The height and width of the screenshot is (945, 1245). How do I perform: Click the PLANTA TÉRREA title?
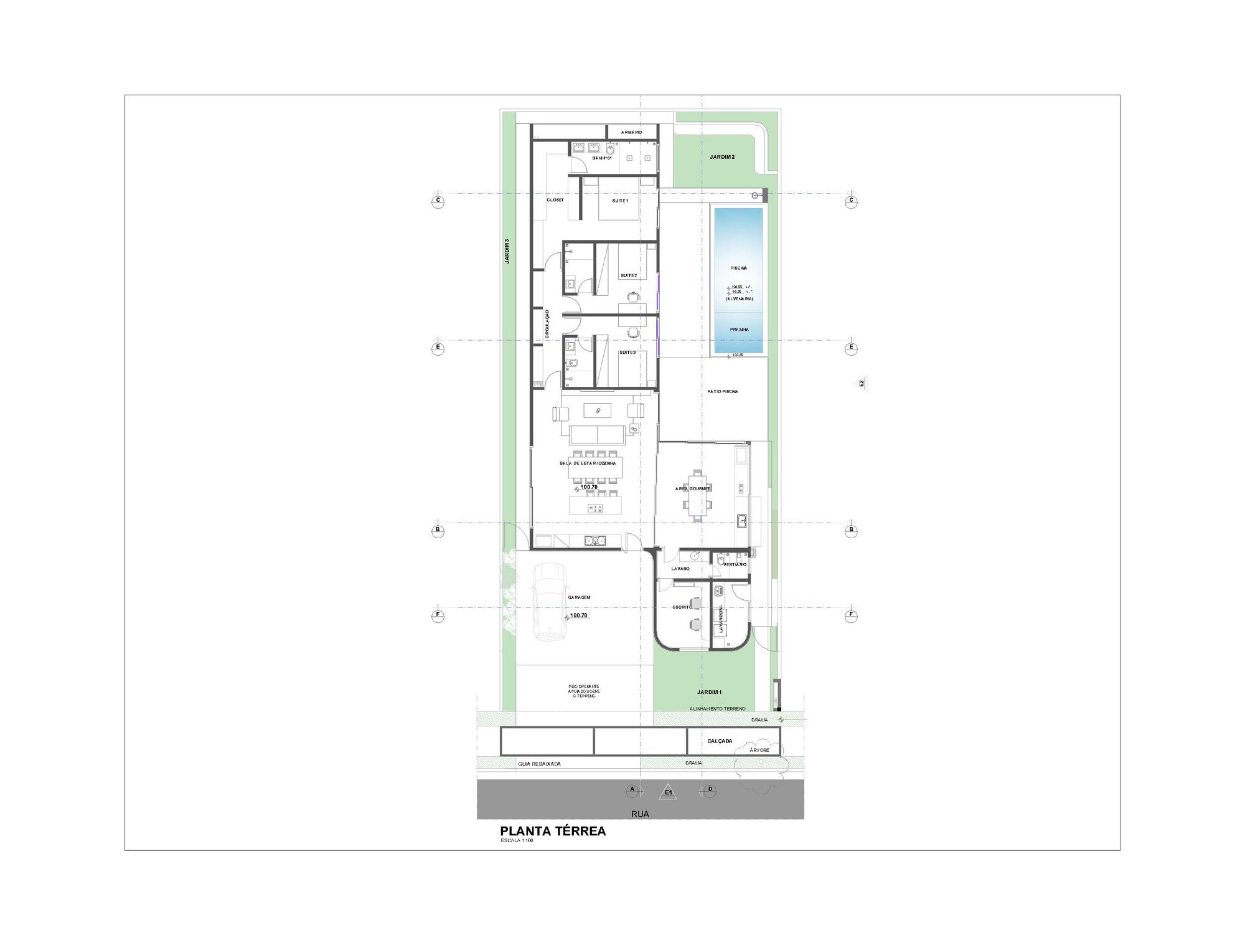click(553, 831)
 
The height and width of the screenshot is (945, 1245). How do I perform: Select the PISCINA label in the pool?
click(738, 268)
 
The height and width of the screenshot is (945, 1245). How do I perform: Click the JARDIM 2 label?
click(722, 157)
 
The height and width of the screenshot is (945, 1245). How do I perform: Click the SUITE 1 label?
click(620, 201)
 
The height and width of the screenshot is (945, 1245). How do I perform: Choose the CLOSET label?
click(555, 200)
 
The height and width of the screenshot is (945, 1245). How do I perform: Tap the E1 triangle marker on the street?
click(668, 792)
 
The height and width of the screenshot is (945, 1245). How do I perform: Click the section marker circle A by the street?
click(632, 790)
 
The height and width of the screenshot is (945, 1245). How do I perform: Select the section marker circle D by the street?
click(710, 790)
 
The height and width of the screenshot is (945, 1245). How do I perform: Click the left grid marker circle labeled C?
click(438, 201)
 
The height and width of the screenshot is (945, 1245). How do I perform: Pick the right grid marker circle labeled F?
click(851, 615)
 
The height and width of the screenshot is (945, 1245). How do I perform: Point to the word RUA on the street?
click(640, 814)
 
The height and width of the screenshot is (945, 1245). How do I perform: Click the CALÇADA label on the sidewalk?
click(720, 741)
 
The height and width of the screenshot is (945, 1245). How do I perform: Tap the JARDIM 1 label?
click(709, 692)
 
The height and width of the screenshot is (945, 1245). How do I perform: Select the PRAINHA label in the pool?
click(739, 330)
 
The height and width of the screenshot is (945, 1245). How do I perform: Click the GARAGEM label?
click(579, 597)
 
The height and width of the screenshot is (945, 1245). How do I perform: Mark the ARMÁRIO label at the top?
click(631, 133)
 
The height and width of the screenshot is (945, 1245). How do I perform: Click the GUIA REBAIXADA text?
click(539, 763)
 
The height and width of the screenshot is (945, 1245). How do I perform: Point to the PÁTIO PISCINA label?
click(723, 392)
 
